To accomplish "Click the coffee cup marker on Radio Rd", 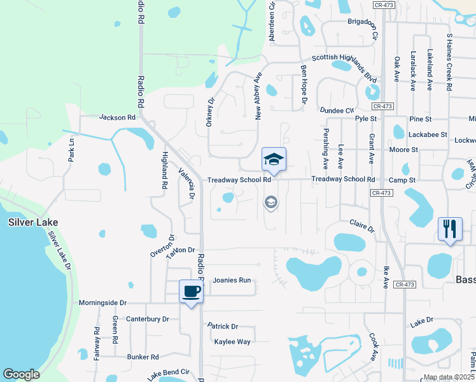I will click(x=192, y=292).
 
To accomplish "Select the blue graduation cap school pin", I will click(x=274, y=160).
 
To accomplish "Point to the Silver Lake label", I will click(x=33, y=222).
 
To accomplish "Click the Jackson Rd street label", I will click(x=118, y=118).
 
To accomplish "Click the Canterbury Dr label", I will click(x=148, y=319).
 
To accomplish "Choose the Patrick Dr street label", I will click(x=223, y=326).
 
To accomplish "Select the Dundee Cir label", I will click(x=337, y=110).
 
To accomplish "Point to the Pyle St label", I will click(x=366, y=119).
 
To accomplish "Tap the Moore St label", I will click(x=403, y=150).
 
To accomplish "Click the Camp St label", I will click(x=402, y=181).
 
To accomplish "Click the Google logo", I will click(x=22, y=374).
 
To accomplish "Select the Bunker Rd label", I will click(x=142, y=357).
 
